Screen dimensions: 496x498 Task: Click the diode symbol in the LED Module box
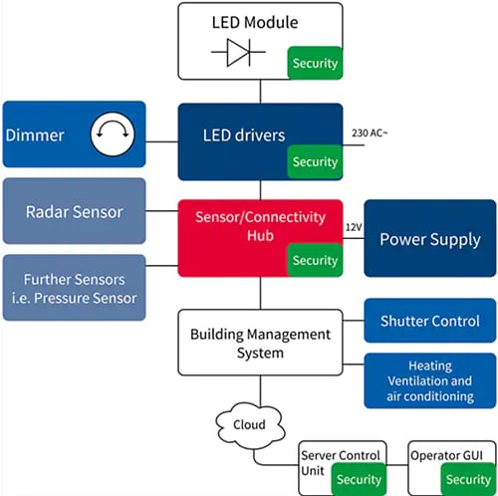(239, 52)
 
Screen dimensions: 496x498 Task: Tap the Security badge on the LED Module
(315, 63)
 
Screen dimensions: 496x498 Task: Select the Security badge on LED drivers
(315, 161)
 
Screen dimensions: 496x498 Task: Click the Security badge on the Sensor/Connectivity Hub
(315, 260)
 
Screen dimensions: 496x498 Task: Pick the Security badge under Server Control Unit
(358, 478)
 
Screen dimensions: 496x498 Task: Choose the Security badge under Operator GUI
(467, 478)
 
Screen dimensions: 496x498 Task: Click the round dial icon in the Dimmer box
(113, 133)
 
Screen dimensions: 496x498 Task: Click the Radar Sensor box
(74, 210)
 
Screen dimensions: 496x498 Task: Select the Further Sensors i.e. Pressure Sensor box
(74, 287)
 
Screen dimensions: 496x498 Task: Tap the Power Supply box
(429, 239)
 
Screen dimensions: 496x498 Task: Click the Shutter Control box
(429, 321)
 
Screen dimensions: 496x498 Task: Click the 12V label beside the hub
(354, 228)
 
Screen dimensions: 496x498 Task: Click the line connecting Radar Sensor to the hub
(161, 210)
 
